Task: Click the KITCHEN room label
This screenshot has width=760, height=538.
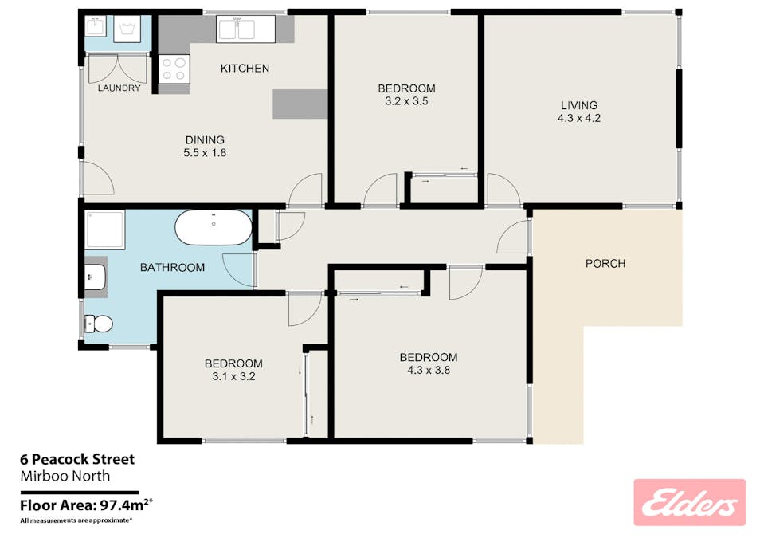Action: [x=245, y=69]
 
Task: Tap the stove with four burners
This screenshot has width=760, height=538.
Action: [x=174, y=69]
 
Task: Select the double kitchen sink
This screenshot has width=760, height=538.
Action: [x=246, y=30]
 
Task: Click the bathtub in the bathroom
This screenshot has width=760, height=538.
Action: [x=214, y=228]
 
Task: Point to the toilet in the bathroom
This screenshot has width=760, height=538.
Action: [x=99, y=324]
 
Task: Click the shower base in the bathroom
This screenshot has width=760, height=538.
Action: [x=105, y=229]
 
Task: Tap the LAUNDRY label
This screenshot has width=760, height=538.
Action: [x=119, y=88]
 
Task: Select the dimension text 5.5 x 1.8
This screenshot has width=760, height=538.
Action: [x=206, y=153]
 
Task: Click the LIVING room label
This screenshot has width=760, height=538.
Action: [x=578, y=105]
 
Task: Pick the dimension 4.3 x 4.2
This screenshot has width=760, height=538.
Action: [x=578, y=118]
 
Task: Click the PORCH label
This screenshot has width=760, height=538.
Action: [x=605, y=264]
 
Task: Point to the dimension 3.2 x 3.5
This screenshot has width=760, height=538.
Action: [x=406, y=101]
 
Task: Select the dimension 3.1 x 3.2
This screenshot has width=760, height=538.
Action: [x=233, y=377]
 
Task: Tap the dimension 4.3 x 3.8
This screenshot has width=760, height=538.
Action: [x=429, y=370]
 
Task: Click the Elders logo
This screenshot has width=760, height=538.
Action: [x=689, y=502]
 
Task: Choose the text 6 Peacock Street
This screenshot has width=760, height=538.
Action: [x=76, y=460]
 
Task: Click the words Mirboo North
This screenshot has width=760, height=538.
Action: [x=64, y=477]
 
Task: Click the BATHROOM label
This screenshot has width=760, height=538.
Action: [x=172, y=268]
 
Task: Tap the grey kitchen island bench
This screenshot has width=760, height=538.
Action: [x=300, y=104]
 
